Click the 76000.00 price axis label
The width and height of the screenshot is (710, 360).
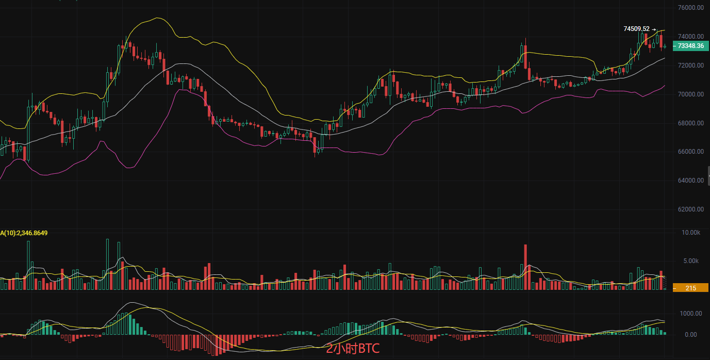click(690, 8)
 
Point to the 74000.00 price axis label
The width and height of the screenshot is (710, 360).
click(690, 37)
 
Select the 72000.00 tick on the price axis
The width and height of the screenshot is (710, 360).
click(690, 66)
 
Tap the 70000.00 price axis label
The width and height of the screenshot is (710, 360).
click(690, 94)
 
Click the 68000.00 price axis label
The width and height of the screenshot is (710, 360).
click(690, 123)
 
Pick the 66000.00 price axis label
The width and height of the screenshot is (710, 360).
click(690, 152)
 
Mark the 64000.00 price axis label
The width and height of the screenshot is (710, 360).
click(690, 181)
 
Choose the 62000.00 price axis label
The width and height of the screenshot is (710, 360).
click(690, 209)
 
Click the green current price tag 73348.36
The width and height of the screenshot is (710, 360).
click(690, 46)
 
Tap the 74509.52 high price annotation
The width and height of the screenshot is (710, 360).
click(636, 29)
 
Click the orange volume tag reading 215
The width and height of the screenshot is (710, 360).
click(690, 288)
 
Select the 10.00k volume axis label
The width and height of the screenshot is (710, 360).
click(690, 233)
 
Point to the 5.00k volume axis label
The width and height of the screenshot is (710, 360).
click(690, 261)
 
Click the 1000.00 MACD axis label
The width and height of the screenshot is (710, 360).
click(690, 313)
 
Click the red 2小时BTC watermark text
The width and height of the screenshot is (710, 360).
click(353, 349)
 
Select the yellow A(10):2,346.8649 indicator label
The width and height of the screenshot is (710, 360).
click(24, 233)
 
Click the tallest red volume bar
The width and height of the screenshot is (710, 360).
click(526, 267)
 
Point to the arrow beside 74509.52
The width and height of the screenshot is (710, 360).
click(654, 29)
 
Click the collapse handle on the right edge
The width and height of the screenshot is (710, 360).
click(708, 176)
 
